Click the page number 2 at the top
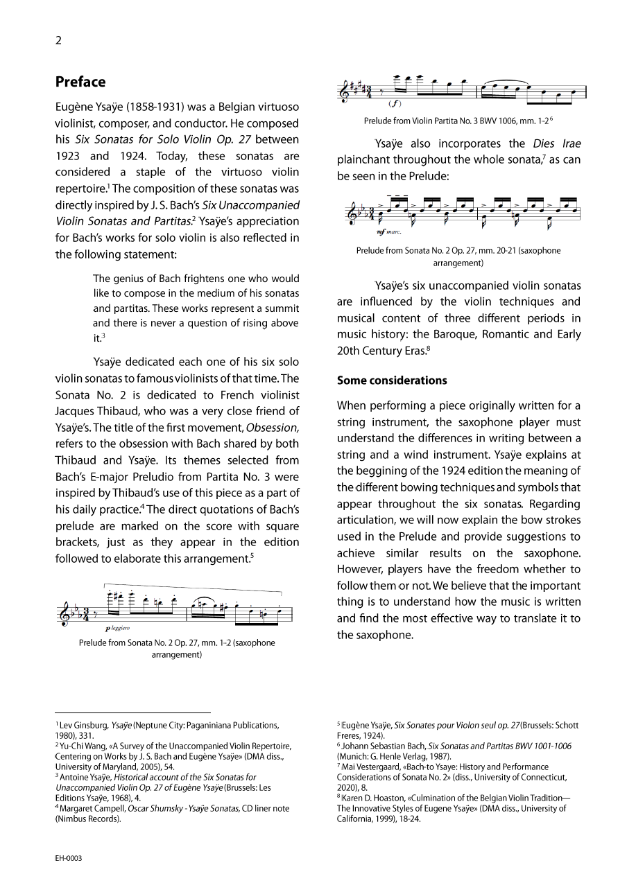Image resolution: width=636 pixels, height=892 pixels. [x=58, y=40]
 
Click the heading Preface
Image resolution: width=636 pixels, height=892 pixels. [x=80, y=82]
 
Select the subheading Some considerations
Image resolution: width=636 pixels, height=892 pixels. [x=392, y=381]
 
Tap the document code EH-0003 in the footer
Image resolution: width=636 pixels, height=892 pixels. [x=69, y=858]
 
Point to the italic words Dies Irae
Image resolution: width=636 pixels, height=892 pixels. [x=557, y=143]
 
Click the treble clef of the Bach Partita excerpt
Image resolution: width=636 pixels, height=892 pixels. [x=344, y=93]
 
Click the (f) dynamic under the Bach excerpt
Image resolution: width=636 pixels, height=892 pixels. [x=394, y=104]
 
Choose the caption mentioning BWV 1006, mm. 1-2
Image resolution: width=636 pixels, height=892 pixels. [x=458, y=121]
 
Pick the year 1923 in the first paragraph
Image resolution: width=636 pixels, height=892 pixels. [x=69, y=156]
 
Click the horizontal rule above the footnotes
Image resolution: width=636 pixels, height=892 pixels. [x=132, y=712]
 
